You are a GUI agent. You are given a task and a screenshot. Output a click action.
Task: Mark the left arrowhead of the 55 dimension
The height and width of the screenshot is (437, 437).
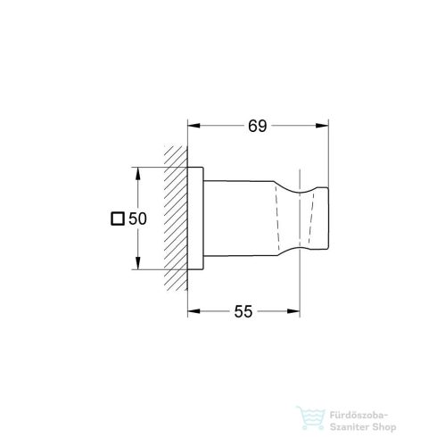[194, 311]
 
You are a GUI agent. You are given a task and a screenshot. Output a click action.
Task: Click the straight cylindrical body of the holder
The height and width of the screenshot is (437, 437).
[236, 218]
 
